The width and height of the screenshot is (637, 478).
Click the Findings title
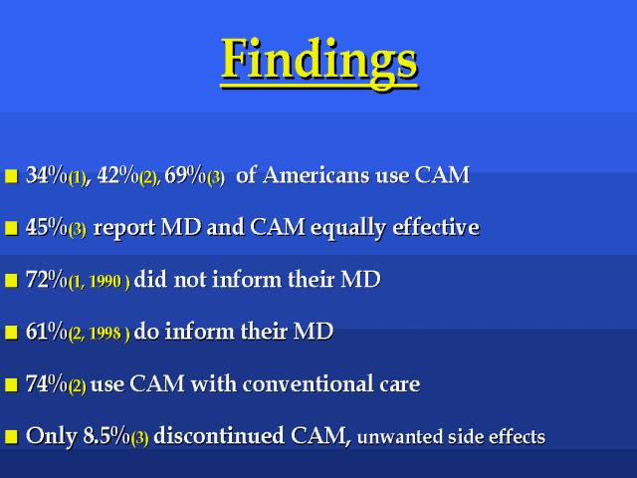[319, 62]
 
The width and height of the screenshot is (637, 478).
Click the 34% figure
[47, 175]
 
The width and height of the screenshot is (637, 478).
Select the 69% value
[186, 175]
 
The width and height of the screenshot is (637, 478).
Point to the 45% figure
[47, 227]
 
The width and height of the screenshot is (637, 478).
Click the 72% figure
[47, 280]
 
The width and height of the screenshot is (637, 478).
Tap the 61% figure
[47, 332]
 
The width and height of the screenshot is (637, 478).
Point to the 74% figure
[47, 383]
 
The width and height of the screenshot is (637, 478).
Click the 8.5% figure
[106, 436]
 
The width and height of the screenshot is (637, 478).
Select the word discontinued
[219, 436]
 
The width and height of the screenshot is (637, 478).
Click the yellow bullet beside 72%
[11, 281]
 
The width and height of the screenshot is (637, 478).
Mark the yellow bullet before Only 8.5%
[11, 436]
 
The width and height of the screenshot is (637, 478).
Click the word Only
[52, 436]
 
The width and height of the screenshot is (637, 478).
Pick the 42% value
[117, 175]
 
